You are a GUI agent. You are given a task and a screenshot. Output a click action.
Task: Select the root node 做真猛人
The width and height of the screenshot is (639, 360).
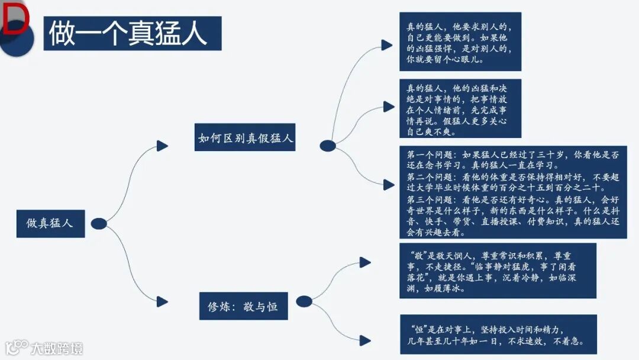[x=50, y=224]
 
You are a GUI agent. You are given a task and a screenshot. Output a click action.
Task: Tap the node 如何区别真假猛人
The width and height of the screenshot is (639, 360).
[x=245, y=138]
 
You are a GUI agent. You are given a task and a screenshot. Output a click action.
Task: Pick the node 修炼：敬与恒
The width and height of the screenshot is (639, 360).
[x=243, y=306]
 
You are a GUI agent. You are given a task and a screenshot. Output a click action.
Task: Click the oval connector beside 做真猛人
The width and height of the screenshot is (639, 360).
[x=98, y=224]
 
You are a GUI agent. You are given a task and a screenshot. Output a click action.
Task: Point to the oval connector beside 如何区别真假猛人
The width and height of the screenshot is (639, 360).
[x=327, y=146]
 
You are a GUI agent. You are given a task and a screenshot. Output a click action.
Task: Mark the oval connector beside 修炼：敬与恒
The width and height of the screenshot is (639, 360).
[x=304, y=302]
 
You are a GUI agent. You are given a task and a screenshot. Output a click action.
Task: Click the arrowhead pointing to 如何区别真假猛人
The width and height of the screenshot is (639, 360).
[x=163, y=146]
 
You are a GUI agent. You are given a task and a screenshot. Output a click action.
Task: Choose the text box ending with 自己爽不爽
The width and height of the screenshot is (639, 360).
[x=460, y=108]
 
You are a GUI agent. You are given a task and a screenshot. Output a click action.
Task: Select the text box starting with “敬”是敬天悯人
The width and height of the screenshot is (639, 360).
[x=497, y=271]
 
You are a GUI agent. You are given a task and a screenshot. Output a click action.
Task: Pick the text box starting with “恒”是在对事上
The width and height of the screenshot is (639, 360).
[x=498, y=335]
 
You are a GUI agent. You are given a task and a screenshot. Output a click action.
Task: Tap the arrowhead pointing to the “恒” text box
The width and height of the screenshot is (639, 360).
[x=365, y=340]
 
